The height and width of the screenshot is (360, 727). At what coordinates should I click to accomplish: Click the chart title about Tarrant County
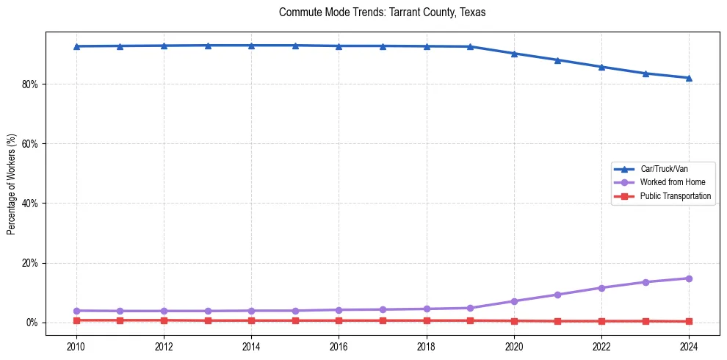coord(382,12)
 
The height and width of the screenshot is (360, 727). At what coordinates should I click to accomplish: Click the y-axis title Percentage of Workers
coord(11,184)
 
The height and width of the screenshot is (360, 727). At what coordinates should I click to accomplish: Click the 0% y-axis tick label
coord(32,323)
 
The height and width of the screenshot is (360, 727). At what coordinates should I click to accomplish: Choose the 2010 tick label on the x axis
coord(76,347)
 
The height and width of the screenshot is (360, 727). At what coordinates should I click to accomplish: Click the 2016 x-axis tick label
coord(339,347)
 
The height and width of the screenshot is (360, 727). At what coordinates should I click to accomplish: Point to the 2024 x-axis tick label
coord(689,347)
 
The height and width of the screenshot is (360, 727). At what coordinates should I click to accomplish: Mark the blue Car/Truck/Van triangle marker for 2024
coord(689,78)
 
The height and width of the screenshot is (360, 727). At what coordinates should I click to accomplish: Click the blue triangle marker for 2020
coord(514,54)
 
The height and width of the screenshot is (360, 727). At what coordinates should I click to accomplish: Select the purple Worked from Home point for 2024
coord(689,278)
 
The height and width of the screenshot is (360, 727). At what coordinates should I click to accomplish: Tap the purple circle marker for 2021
coord(557,295)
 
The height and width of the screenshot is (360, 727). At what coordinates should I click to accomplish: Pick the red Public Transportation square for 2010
coord(76,320)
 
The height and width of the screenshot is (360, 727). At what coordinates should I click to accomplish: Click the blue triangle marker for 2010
coord(76,46)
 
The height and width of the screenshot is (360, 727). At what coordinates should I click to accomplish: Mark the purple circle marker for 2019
coord(470,308)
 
